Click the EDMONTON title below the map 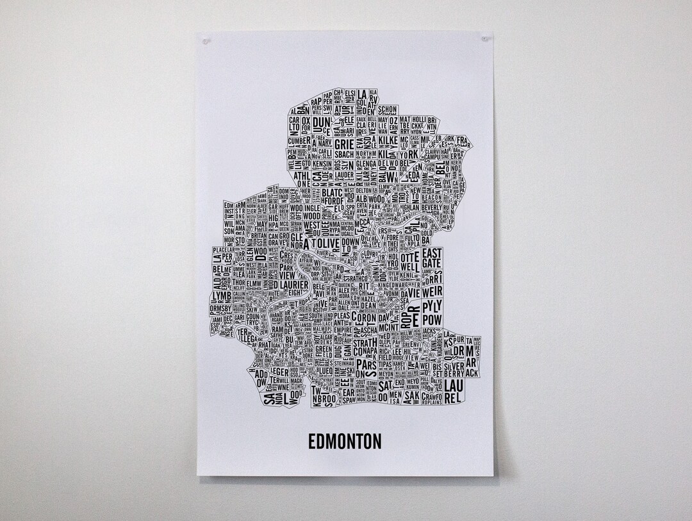[x=345, y=442]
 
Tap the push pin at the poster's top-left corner [x=206, y=41]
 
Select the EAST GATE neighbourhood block [x=432, y=258]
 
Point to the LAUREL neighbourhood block [x=453, y=390]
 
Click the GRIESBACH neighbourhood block [x=343, y=149]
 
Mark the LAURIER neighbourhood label [x=298, y=284]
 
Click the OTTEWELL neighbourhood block [x=411, y=260]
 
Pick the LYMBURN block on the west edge [x=220, y=295]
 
